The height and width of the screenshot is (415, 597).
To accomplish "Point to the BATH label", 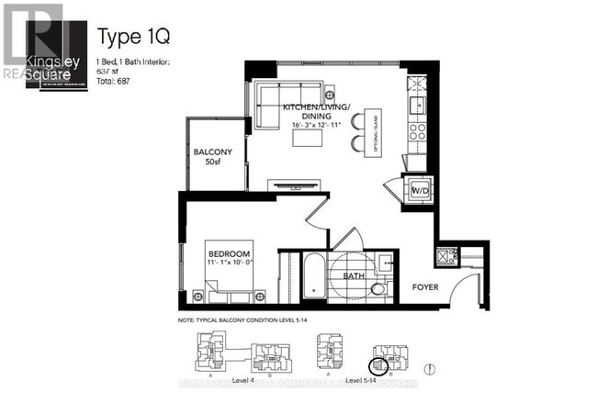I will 354,275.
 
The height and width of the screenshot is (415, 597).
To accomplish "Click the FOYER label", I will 424,286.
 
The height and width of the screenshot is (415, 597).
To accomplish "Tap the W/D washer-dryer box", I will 420,190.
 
